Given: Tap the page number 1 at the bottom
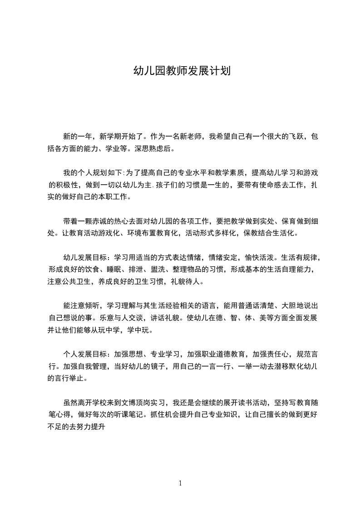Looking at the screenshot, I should point(180,483).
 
